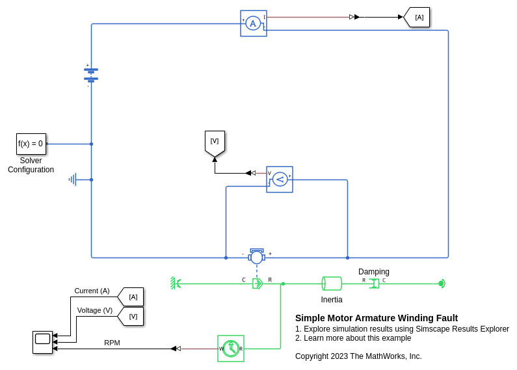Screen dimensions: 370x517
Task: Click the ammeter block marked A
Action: point(253,23)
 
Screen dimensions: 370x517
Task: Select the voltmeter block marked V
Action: point(280,179)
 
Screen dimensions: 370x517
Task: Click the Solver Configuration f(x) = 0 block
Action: point(31,144)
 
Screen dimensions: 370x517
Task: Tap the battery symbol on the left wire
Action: point(91,74)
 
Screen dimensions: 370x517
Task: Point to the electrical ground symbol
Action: point(73,179)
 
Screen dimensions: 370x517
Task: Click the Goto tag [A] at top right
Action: point(417,17)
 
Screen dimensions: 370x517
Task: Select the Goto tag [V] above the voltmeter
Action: point(215,142)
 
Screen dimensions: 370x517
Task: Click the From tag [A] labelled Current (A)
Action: point(131,297)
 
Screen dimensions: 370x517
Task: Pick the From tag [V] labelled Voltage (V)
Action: point(131,316)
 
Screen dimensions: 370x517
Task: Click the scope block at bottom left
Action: point(42,342)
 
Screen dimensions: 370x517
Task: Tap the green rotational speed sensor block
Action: point(231,349)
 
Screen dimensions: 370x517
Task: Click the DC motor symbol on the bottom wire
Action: point(257,257)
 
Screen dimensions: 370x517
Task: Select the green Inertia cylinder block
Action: point(332,284)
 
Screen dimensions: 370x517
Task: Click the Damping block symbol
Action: point(375,284)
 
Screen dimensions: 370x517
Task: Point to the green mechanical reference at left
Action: point(174,283)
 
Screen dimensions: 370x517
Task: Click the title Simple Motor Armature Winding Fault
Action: point(377,318)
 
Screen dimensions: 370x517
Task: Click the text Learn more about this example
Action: point(357,338)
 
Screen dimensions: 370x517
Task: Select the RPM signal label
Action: point(112,343)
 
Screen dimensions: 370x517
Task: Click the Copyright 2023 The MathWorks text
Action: point(358,356)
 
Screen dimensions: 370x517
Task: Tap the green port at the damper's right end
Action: point(441,284)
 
